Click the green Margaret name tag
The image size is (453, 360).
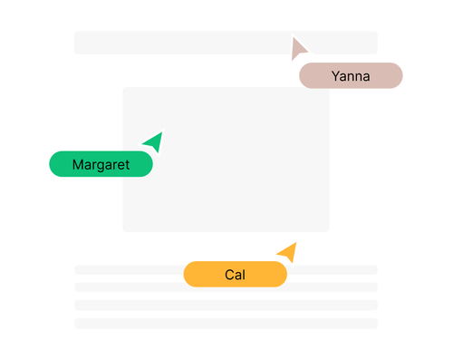pos(101,164)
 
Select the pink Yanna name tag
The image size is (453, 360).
pos(351,76)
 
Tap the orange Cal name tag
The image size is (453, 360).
pos(235,274)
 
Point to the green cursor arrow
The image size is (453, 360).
pos(154,141)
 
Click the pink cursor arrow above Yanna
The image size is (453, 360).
pos(298,49)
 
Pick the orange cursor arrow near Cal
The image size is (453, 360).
pos(287,251)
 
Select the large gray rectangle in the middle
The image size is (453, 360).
pos(226,159)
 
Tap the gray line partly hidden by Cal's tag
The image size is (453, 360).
pos(127,269)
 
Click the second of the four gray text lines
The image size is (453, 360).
pos(226,287)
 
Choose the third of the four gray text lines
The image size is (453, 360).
pos(226,305)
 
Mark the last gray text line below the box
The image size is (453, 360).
pos(226,323)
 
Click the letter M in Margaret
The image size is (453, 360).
pos(78,164)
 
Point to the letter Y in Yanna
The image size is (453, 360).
pos(336,76)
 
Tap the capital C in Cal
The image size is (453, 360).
pos(229,274)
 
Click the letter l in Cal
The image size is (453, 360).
pos(245,274)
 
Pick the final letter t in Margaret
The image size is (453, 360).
pos(127,164)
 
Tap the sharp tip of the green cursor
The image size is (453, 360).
pos(161,132)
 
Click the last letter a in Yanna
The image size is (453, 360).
pos(366,77)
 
